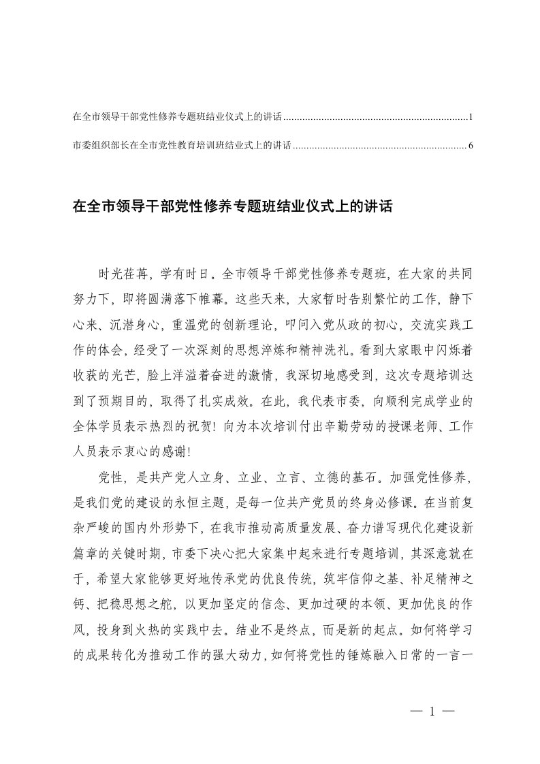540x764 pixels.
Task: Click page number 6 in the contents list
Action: pos(471,145)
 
